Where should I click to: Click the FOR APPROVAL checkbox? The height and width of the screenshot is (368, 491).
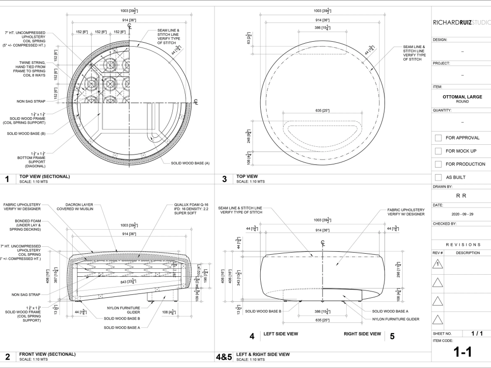pyautogui.click(x=438, y=138)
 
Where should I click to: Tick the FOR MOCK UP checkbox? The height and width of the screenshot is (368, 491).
pyautogui.click(x=438, y=151)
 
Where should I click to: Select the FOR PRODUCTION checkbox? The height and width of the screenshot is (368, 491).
pyautogui.click(x=438, y=164)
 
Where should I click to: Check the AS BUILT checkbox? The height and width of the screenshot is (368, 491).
pyautogui.click(x=438, y=177)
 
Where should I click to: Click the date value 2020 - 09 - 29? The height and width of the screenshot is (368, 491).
pyautogui.click(x=462, y=214)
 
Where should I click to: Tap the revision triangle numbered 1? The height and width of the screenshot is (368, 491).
pyautogui.click(x=438, y=264)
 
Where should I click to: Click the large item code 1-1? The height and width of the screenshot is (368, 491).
pyautogui.click(x=462, y=352)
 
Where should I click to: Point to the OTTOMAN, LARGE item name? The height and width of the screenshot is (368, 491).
pyautogui.click(x=462, y=97)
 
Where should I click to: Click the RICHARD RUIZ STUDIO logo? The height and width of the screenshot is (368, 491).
pyautogui.click(x=461, y=22)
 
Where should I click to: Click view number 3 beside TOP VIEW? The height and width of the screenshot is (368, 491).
pyautogui.click(x=224, y=179)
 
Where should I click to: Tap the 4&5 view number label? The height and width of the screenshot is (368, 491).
pyautogui.click(x=224, y=357)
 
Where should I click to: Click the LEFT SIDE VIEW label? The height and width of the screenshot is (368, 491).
pyautogui.click(x=280, y=334)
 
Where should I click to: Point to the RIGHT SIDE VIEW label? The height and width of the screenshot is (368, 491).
pyautogui.click(x=362, y=334)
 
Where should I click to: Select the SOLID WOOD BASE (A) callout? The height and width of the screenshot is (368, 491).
pyautogui.click(x=190, y=163)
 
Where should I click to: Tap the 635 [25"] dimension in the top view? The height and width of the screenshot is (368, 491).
pyautogui.click(x=322, y=111)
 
